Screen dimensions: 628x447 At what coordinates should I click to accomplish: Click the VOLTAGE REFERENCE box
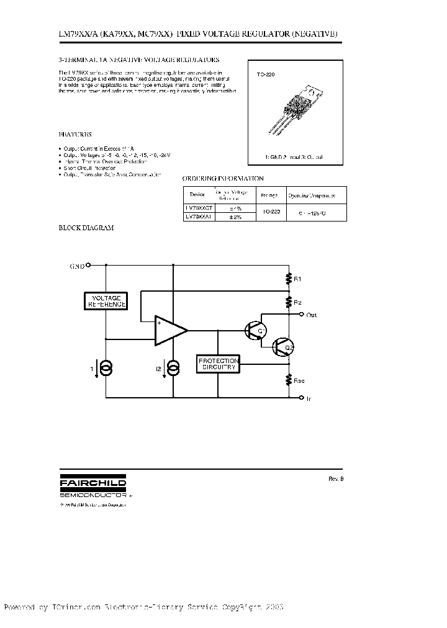[x=105, y=301]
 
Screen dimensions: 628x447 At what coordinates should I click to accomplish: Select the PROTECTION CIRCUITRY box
[x=217, y=364]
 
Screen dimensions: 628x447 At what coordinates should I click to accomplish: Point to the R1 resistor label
[x=297, y=280]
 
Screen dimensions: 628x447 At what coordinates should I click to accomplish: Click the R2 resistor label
[x=297, y=302]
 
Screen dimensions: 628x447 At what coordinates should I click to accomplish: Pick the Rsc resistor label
[x=299, y=380]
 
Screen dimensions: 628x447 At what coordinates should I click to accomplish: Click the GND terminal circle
[x=88, y=265]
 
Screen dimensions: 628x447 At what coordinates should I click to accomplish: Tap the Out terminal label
[x=312, y=315]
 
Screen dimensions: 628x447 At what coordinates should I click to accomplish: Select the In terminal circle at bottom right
[x=302, y=397]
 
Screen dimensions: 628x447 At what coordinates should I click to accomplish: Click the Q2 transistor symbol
[x=283, y=347]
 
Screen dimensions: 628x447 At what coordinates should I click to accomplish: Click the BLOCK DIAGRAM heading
[x=86, y=228]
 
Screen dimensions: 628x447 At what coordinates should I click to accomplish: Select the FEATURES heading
[x=75, y=134]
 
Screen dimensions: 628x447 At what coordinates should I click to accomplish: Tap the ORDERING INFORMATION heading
[x=221, y=177]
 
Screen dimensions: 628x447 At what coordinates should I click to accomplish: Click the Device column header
[x=196, y=194]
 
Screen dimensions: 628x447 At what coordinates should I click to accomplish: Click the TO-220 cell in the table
[x=270, y=212]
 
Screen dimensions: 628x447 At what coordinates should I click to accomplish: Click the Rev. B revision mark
[x=335, y=478]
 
